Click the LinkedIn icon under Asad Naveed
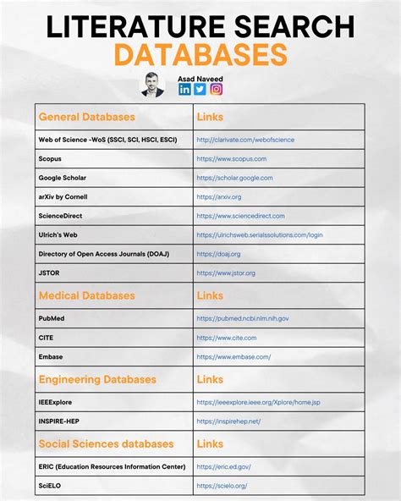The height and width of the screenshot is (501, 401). click(184, 89)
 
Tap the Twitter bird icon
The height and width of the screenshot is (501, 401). click(200, 89)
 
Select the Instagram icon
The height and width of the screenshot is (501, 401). click(216, 89)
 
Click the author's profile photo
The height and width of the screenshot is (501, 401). click(152, 85)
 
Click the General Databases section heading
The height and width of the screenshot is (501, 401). click(86, 117)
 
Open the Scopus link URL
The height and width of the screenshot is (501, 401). click(231, 158)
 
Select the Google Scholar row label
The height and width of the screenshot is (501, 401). click(63, 178)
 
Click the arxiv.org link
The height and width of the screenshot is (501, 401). click(218, 196)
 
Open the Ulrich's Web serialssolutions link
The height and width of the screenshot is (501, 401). click(260, 234)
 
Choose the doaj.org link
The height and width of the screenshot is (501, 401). click(218, 254)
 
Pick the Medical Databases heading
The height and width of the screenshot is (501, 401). click(86, 296)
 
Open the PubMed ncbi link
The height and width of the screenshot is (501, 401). click(243, 318)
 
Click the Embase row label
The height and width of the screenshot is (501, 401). click(51, 356)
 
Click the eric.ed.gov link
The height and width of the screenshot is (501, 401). click(223, 466)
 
